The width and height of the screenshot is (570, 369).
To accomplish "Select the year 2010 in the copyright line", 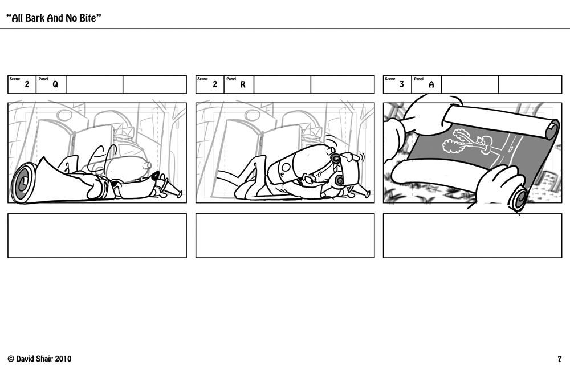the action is pyautogui.click(x=63, y=359).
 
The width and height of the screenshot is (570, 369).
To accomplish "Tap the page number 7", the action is pyautogui.click(x=560, y=359).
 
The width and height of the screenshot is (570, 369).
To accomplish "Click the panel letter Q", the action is pyautogui.click(x=55, y=84).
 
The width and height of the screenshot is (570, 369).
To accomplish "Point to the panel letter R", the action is pyautogui.click(x=243, y=84).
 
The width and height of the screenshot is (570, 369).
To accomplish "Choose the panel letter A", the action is pyautogui.click(x=431, y=84).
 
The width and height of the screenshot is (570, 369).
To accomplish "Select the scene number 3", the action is pyautogui.click(x=402, y=84).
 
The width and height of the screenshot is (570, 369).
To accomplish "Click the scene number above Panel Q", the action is pyautogui.click(x=27, y=84).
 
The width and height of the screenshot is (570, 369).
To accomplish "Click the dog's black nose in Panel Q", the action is pyautogui.click(x=156, y=176).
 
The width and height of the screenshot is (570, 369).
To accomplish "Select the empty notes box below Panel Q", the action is pyautogui.click(x=97, y=236).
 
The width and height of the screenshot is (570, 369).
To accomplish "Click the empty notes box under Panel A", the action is pyautogui.click(x=473, y=236).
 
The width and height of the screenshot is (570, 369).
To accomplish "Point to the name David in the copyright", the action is pyautogui.click(x=26, y=359).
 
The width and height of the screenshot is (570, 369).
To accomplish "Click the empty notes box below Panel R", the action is pyautogui.click(x=285, y=236).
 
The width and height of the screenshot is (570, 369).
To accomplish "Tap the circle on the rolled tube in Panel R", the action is pyautogui.click(x=286, y=168).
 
